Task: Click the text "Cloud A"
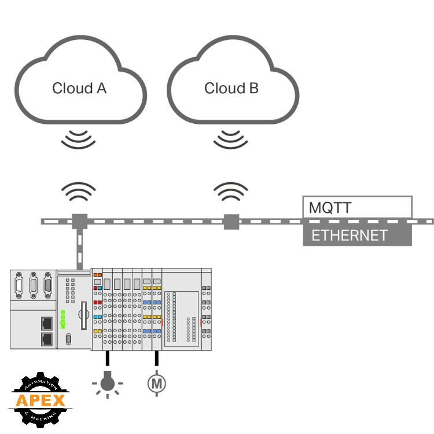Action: pyautogui.click(x=79, y=89)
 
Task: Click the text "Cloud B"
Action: pyautogui.click(x=231, y=89)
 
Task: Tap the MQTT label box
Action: pyautogui.click(x=357, y=207)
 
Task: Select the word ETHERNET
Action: pyautogui.click(x=349, y=236)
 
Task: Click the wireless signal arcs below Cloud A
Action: pyautogui.click(x=79, y=139)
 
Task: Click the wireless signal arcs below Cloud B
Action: pyautogui.click(x=231, y=139)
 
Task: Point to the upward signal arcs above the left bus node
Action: pyautogui.click(x=79, y=192)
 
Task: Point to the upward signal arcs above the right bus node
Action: pyautogui.click(x=231, y=192)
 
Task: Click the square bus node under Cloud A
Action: pyautogui.click(x=79, y=221)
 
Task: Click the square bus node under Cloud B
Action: pyautogui.click(x=231, y=221)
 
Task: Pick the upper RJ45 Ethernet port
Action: pyautogui.click(x=46, y=322)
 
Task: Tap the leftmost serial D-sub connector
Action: pyautogui.click(x=19, y=284)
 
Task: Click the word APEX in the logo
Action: pyautogui.click(x=41, y=400)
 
